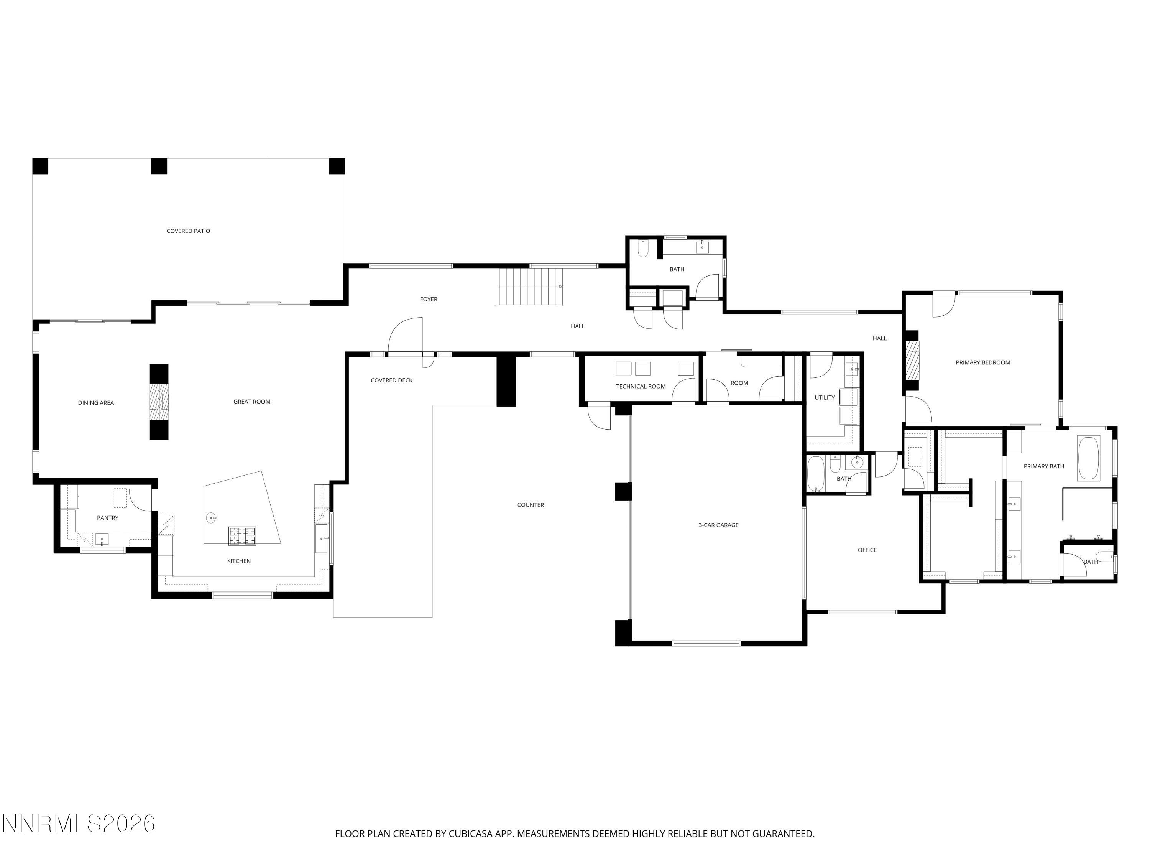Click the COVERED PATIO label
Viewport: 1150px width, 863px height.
click(188, 231)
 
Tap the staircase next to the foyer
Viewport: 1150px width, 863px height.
click(530, 287)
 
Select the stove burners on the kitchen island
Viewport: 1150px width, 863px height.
click(242, 536)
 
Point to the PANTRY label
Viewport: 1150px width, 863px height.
click(108, 517)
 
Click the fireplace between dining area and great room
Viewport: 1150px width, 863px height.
click(159, 402)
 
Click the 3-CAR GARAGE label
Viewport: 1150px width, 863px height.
click(718, 525)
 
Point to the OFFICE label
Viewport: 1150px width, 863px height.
click(867, 550)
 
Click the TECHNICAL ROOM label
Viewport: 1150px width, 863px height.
click(641, 386)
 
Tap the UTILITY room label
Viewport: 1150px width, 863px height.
click(825, 397)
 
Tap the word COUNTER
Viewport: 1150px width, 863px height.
click(530, 505)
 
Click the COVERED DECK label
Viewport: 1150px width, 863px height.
click(391, 380)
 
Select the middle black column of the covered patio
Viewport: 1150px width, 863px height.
click(159, 166)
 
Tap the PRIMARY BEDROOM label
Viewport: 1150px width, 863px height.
click(982, 362)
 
